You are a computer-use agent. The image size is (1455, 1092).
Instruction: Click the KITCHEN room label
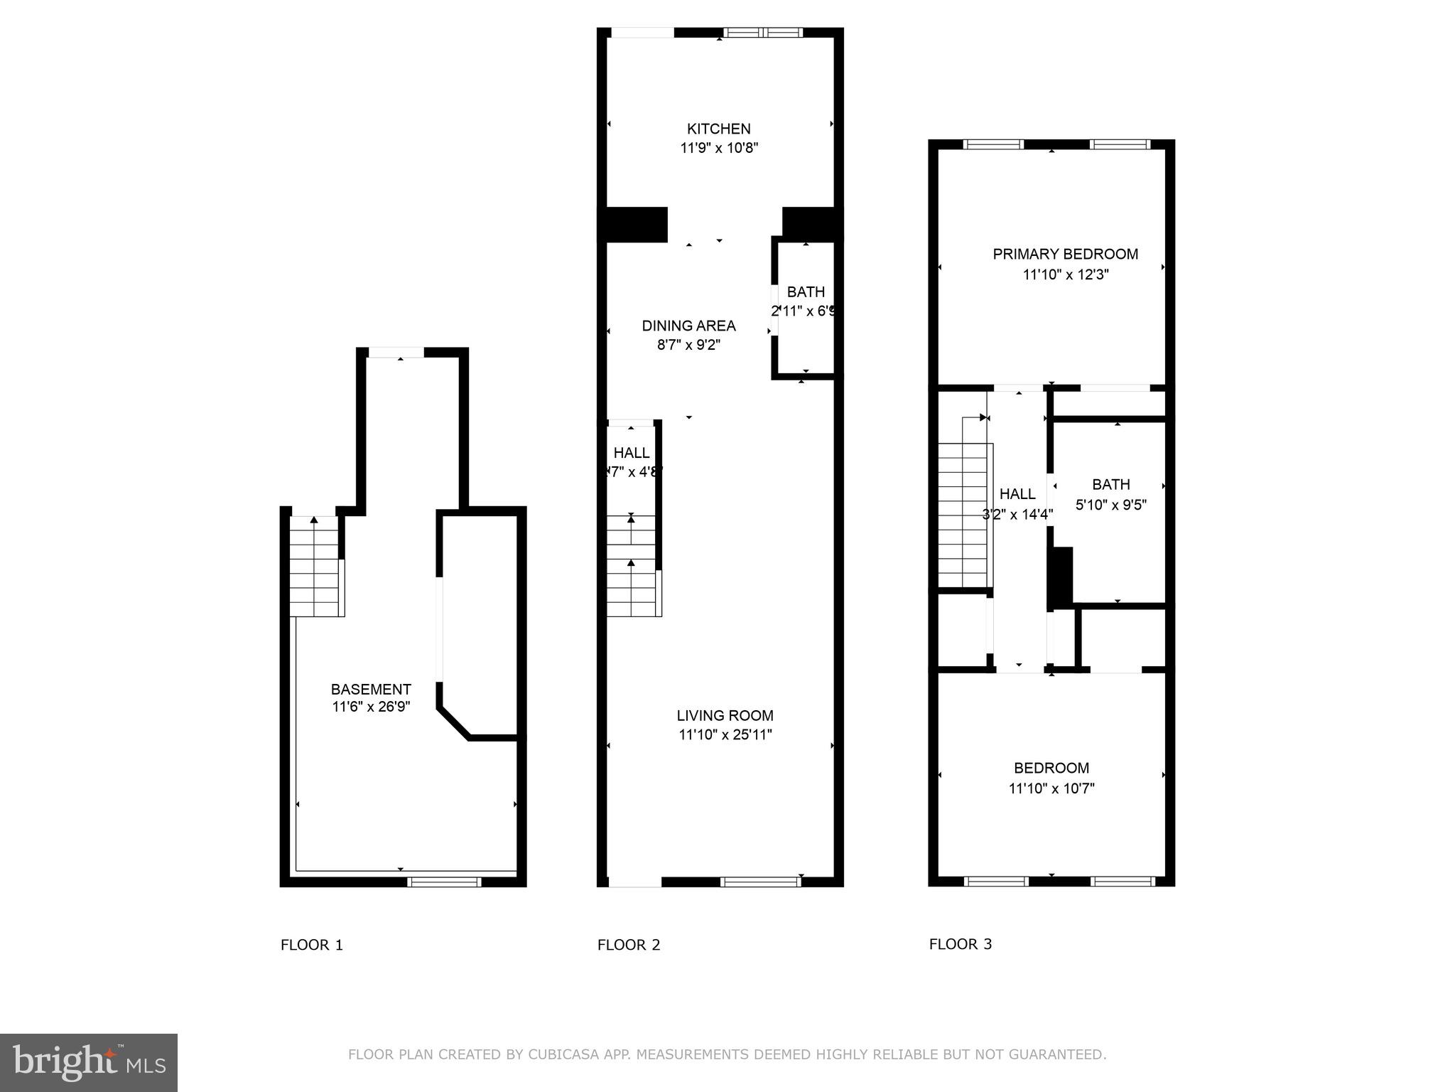(x=718, y=129)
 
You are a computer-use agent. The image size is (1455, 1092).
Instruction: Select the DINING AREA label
(x=688, y=326)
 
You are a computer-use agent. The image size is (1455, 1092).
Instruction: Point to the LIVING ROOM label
(x=725, y=715)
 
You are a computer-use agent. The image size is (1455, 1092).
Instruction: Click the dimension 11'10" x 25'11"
(x=725, y=734)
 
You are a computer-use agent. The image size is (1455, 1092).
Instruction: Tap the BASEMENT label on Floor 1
(x=371, y=689)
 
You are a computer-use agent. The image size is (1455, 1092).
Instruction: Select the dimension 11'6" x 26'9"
(x=371, y=707)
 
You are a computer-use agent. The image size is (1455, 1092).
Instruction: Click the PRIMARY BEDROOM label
(x=1065, y=254)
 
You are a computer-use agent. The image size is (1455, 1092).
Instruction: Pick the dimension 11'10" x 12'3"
(x=1065, y=274)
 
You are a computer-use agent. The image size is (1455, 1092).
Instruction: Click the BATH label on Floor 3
(x=1110, y=484)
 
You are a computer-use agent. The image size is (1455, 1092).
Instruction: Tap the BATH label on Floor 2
(x=806, y=291)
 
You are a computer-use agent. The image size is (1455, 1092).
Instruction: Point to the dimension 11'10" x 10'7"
(x=1051, y=788)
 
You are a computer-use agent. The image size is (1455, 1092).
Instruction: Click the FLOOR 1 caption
(x=311, y=945)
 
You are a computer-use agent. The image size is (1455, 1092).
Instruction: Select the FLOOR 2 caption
(x=629, y=945)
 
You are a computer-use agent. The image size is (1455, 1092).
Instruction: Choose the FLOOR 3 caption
(x=960, y=944)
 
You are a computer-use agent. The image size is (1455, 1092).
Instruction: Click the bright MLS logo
(x=89, y=1062)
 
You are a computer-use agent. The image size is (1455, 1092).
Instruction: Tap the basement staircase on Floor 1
(x=316, y=569)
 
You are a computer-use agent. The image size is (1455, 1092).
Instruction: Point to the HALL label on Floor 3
(x=1017, y=493)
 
